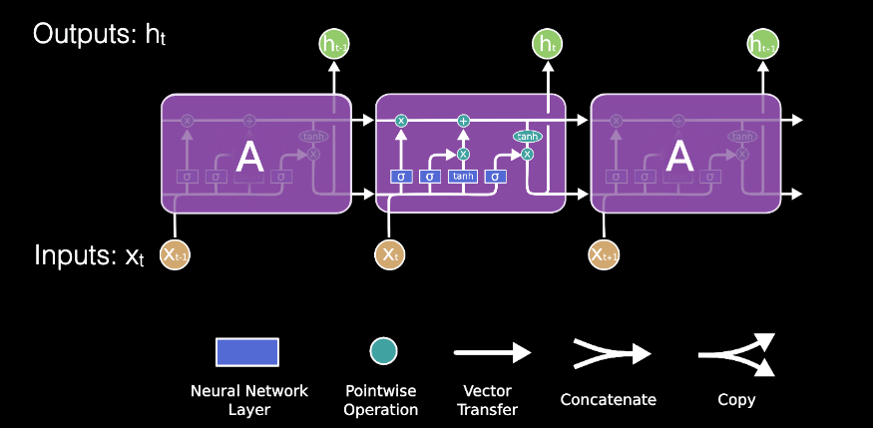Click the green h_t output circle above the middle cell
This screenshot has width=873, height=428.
tap(547, 43)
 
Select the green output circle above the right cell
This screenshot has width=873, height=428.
tap(762, 43)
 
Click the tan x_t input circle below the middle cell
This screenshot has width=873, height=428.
tap(389, 254)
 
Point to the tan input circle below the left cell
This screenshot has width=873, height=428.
tap(176, 254)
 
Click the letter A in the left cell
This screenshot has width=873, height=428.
tap(249, 157)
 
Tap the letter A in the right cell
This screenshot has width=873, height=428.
tap(678, 157)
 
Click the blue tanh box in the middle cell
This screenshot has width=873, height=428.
tap(463, 177)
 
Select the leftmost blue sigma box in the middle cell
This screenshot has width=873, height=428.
tap(401, 177)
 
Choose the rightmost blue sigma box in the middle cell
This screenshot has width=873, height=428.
tap(495, 177)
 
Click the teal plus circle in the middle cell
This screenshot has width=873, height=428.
tap(463, 121)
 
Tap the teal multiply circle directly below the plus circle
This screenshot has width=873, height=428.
tap(463, 154)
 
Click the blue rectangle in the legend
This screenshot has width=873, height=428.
tap(247, 352)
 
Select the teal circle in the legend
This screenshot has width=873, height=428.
tap(383, 351)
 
